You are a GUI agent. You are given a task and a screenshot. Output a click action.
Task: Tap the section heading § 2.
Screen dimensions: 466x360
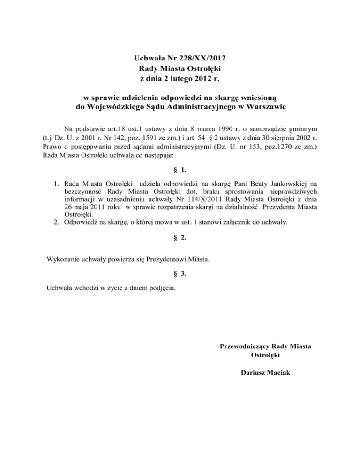tap(180, 237)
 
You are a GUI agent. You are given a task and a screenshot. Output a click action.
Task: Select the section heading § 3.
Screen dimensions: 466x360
tap(180, 273)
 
